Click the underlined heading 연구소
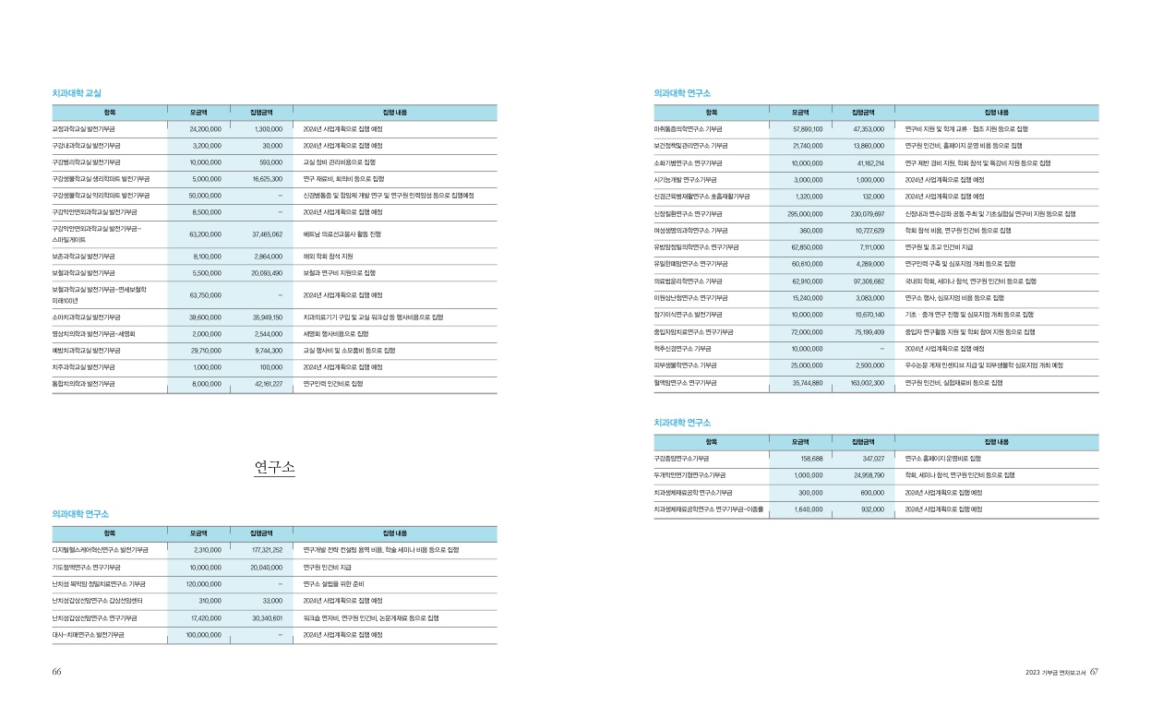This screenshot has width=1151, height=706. (x=275, y=468)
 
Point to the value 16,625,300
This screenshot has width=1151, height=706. (x=264, y=178)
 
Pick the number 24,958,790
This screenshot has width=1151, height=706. (x=864, y=474)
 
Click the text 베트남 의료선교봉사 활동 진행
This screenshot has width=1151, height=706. (x=342, y=234)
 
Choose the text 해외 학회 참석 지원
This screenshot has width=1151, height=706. (x=329, y=256)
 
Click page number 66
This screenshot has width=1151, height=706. (x=56, y=672)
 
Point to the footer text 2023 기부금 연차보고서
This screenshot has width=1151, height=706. (x=1055, y=672)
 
